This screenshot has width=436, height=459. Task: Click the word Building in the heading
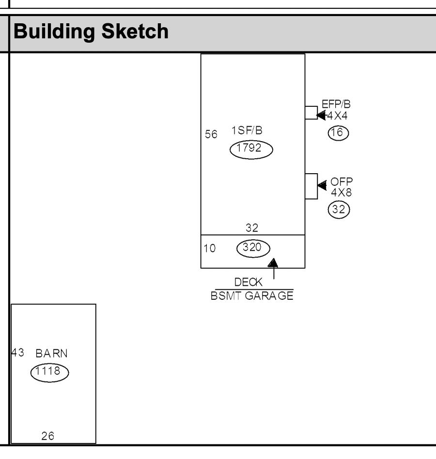(x=54, y=32)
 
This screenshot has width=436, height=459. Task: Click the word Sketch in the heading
(x=135, y=31)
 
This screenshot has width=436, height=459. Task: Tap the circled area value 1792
(x=251, y=149)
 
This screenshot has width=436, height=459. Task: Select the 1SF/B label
(x=247, y=130)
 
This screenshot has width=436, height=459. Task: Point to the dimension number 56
(x=211, y=134)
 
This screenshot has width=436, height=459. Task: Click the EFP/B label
(x=336, y=104)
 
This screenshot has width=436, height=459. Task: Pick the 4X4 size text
(x=337, y=115)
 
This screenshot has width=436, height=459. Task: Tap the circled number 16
(x=338, y=133)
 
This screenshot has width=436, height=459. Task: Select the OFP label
(x=342, y=182)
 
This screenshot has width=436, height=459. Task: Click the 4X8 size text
(x=342, y=193)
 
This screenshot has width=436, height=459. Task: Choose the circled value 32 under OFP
(x=339, y=210)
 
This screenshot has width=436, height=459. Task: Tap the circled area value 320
(x=253, y=248)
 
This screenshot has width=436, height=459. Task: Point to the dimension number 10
(x=210, y=248)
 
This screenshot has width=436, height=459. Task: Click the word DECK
(x=249, y=282)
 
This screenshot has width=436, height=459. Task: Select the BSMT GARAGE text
(x=252, y=295)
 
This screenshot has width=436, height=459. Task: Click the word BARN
(x=51, y=354)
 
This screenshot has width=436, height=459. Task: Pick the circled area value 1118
(x=50, y=373)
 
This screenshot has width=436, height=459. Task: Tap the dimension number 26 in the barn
(x=47, y=436)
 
